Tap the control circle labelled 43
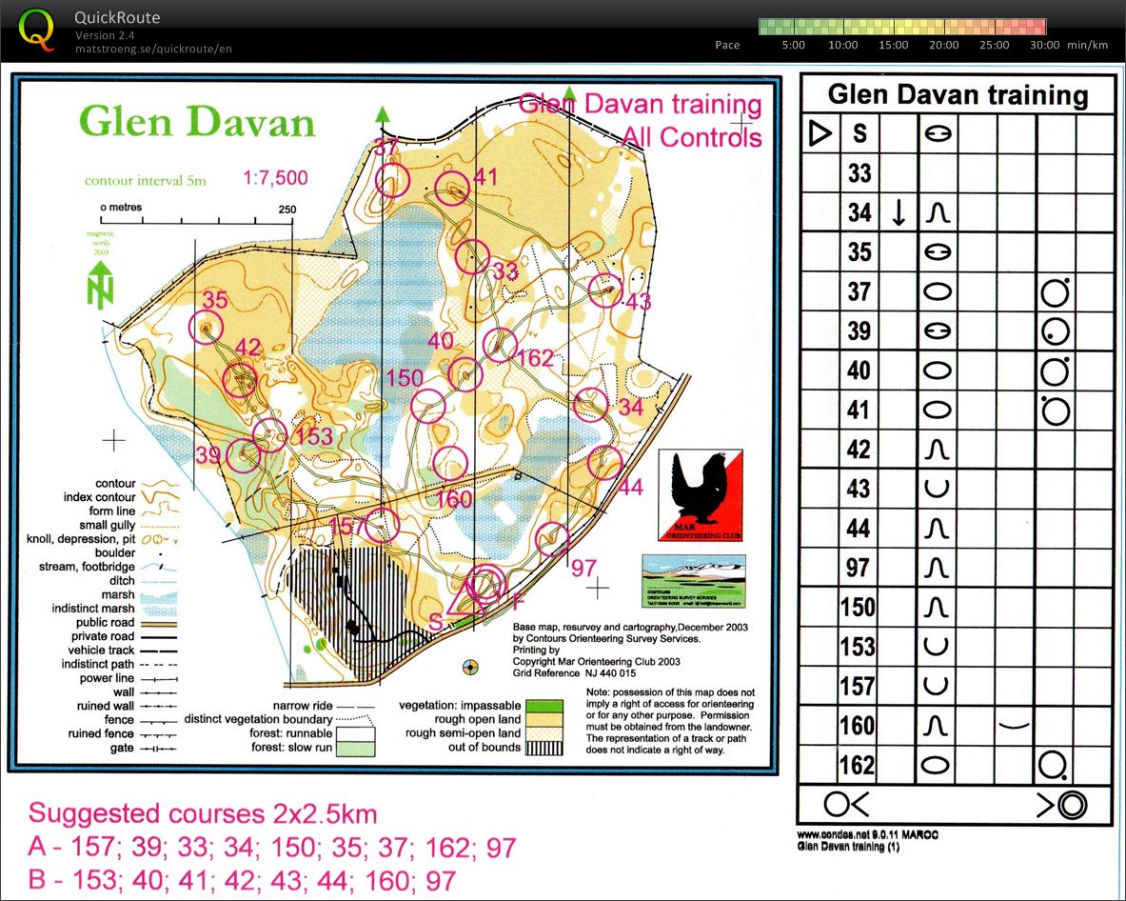605,290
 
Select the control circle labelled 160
450,463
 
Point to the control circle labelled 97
552,539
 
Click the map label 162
537,357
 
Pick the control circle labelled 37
392,179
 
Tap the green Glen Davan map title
196,123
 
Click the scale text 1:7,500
275,178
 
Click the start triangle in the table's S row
820,134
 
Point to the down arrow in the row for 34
898,213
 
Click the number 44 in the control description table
859,529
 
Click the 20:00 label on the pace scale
943,45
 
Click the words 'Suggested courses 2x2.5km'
202,814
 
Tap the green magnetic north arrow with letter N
100,284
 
